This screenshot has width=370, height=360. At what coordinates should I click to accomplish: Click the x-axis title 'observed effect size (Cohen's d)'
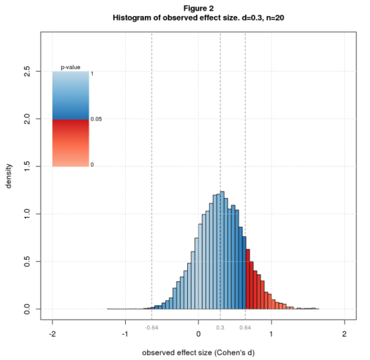tap(198, 353)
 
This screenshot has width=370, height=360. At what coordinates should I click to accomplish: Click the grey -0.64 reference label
tap(152, 327)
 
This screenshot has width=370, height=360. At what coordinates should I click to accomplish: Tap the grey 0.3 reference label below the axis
tap(220, 327)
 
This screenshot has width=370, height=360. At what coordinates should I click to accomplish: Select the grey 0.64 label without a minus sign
tap(245, 327)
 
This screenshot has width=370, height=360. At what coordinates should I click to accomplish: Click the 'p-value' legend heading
tap(71, 67)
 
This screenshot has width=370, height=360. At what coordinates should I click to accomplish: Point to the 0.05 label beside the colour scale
tap(96, 119)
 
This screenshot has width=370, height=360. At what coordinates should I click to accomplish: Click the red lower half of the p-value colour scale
tap(71, 143)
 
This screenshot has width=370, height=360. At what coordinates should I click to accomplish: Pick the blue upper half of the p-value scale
tap(71, 95)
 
